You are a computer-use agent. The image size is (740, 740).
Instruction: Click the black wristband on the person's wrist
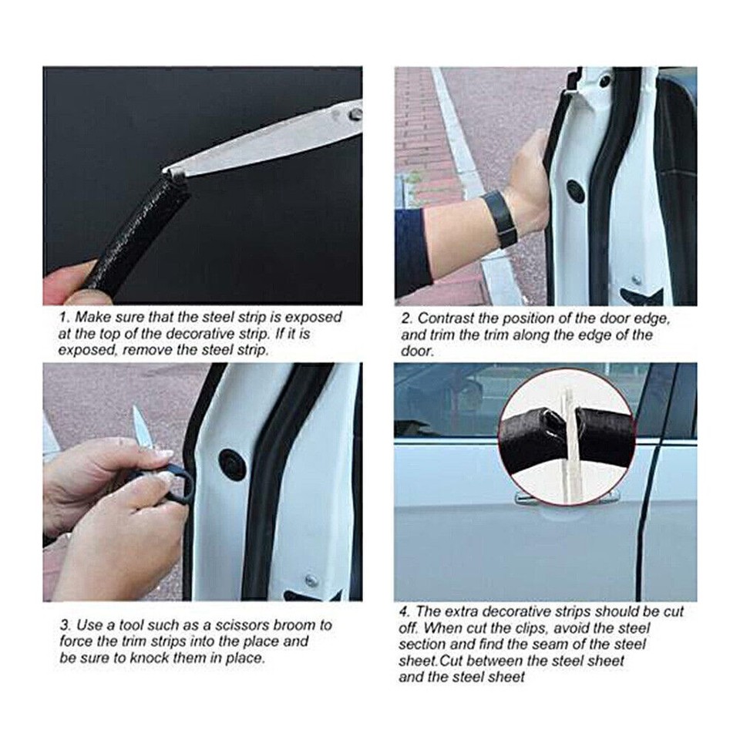click(x=500, y=219)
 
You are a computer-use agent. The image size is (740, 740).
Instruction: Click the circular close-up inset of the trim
click(x=567, y=436)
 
